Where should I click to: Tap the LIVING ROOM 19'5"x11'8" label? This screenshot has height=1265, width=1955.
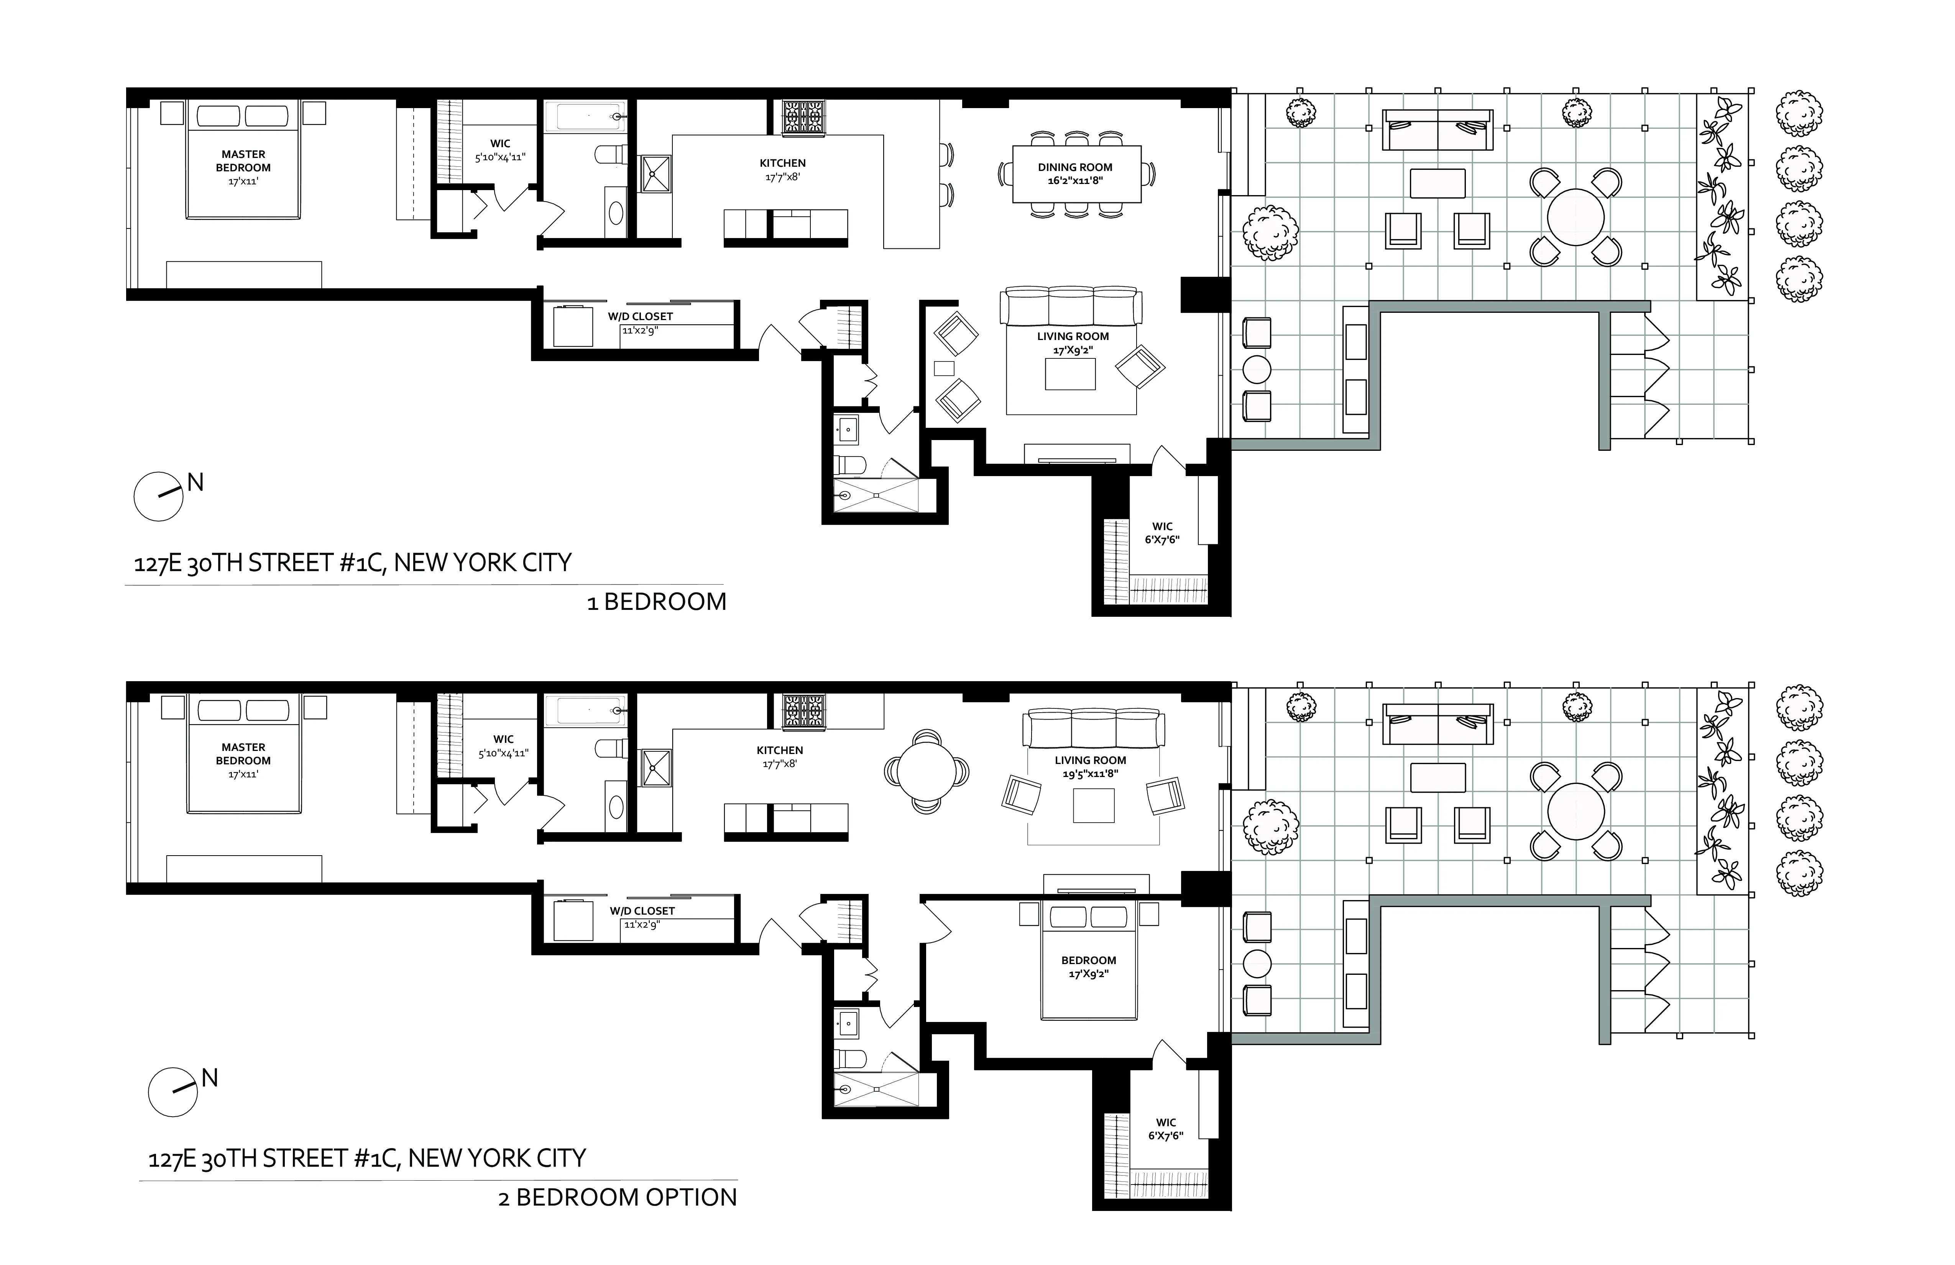1090,766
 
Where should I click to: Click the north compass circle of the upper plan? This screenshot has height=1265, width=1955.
159,496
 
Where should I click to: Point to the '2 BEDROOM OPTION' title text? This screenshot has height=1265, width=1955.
618,1198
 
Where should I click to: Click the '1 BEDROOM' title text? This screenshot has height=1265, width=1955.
656,602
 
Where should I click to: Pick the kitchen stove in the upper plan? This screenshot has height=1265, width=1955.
802,117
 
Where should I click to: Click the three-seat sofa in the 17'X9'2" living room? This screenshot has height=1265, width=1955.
1071,306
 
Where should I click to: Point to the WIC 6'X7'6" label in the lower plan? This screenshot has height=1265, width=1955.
1166,1129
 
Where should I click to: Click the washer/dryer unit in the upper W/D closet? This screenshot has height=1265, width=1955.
573,326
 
